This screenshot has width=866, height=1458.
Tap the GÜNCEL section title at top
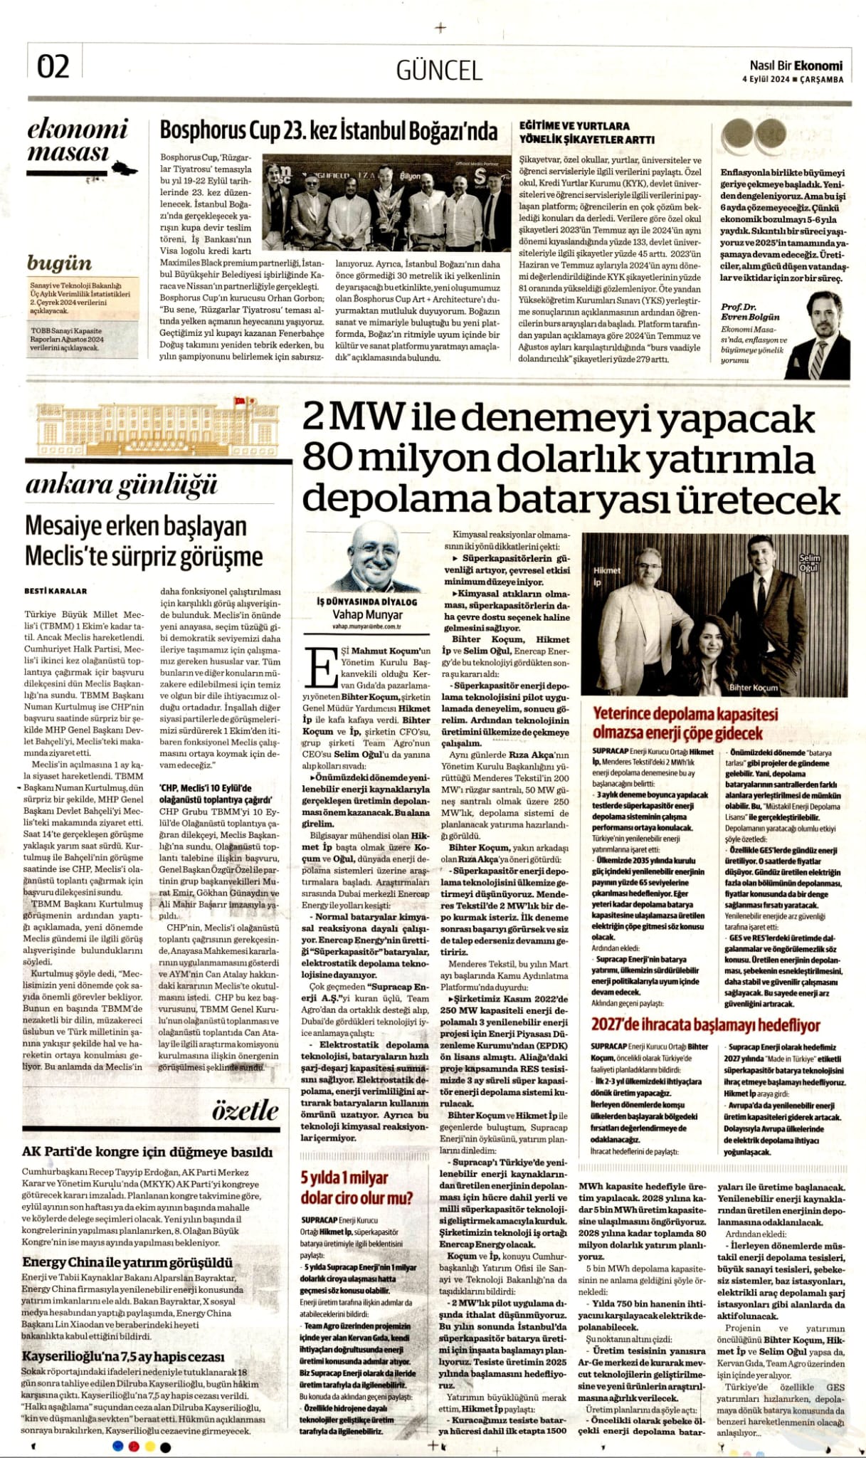[x=439, y=70]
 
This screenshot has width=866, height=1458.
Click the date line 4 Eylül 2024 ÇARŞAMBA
[x=799, y=80]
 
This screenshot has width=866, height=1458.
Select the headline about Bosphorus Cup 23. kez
[x=328, y=131]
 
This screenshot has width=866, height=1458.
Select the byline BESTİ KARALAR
[x=56, y=590]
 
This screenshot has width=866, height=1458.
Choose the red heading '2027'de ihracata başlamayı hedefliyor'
[x=706, y=1025]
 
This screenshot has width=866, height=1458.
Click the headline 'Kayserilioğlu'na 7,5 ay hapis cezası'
[x=123, y=1355]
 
